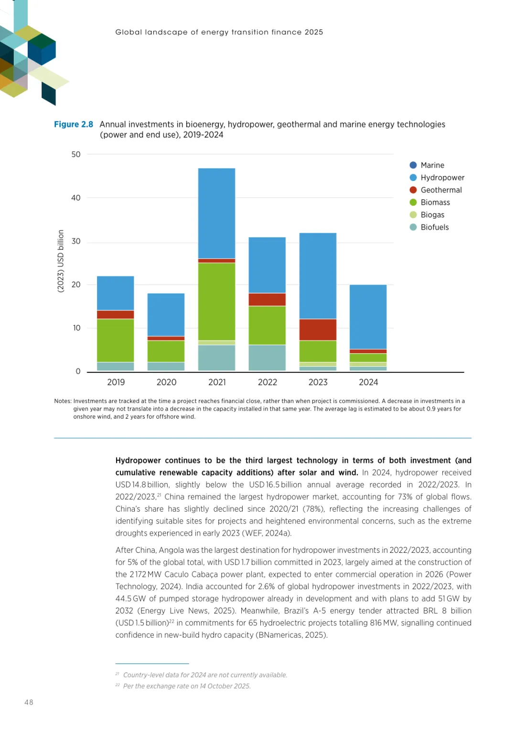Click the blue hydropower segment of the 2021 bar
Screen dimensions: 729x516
[x=216, y=213]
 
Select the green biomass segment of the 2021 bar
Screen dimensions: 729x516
[x=216, y=301]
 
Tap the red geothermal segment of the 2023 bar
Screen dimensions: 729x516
[x=318, y=329]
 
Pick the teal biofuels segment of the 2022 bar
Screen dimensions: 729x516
[x=267, y=357]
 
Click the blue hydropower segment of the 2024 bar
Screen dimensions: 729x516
[x=368, y=317]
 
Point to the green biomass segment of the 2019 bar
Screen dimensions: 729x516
[x=115, y=340]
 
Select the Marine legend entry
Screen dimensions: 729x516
[x=432, y=165]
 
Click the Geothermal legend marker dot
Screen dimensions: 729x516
[x=413, y=190]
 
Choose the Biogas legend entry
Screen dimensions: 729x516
[x=432, y=215]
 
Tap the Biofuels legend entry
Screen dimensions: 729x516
[x=434, y=227]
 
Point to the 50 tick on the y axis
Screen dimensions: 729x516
[x=76, y=154]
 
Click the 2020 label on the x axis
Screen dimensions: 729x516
[x=166, y=382]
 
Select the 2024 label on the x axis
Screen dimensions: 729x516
[x=368, y=382]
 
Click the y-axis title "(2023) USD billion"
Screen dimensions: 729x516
[x=61, y=261]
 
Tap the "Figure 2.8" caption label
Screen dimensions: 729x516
[x=74, y=124]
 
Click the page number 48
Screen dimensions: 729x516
[x=29, y=702]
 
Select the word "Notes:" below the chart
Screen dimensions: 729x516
[x=63, y=401]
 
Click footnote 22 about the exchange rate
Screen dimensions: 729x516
[x=186, y=686]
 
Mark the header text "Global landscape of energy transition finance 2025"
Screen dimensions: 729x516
[x=219, y=32]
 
